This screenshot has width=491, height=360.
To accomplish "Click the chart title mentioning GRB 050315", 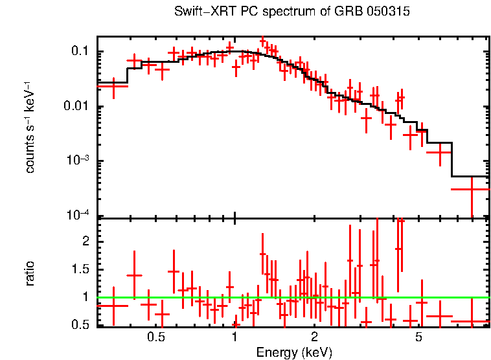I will (292, 12).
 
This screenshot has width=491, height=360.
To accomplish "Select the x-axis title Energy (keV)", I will (294, 352).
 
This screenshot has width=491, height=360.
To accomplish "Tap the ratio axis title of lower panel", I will (30, 273).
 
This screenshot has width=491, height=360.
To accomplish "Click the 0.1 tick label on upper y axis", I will (79, 52).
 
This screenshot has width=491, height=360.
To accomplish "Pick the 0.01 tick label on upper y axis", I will (75, 107).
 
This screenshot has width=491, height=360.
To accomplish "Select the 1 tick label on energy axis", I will (234, 337).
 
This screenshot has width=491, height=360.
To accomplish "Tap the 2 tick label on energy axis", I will (314, 337).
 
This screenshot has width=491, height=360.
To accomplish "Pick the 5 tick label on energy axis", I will (419, 337).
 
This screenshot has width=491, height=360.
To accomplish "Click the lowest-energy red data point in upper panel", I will (113, 85).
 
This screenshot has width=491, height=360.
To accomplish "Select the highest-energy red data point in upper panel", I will (472, 189).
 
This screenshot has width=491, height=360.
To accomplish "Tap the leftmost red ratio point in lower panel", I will (113, 305).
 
